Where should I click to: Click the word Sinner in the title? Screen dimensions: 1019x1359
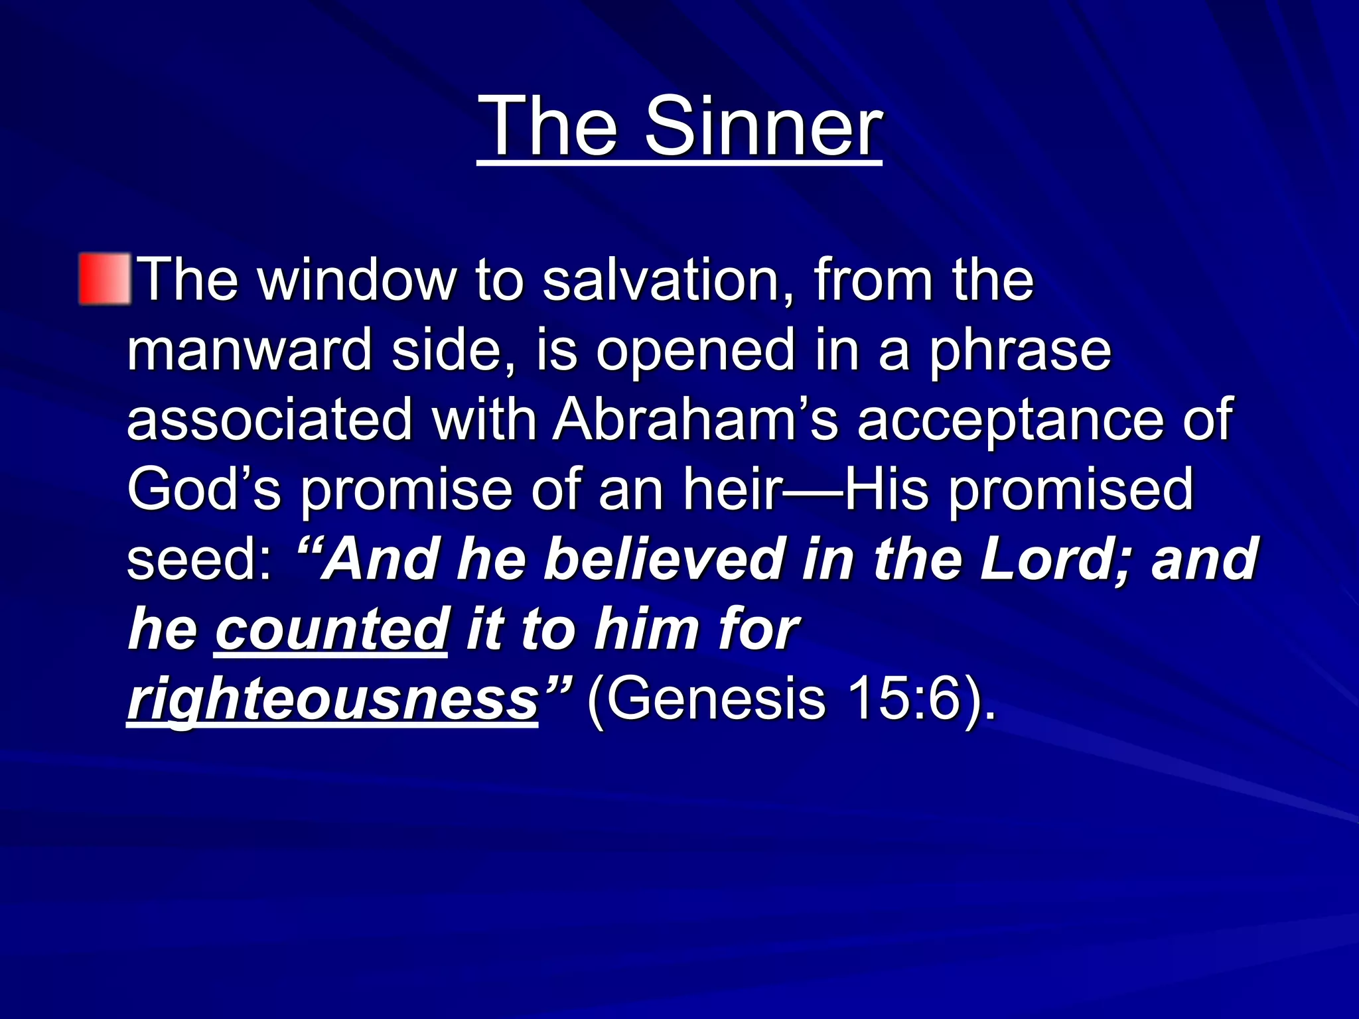(x=763, y=126)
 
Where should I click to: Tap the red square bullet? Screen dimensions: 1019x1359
(x=105, y=279)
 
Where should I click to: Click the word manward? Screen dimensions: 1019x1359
(x=249, y=350)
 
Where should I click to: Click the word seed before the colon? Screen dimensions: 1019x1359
(x=192, y=559)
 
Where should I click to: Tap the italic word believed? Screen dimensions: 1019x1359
(x=664, y=559)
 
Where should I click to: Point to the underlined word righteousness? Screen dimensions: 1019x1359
(x=332, y=700)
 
